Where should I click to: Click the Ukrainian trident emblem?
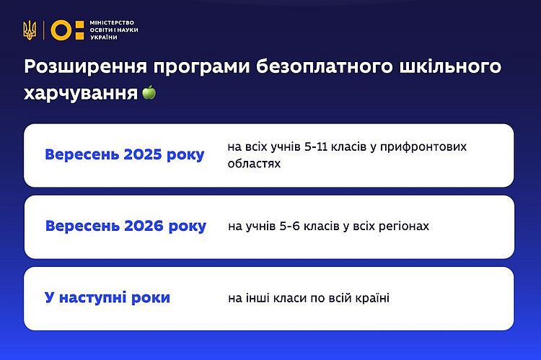[x=30, y=30]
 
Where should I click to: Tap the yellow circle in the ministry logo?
[x=61, y=30]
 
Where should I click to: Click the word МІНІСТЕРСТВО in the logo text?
[x=112, y=22]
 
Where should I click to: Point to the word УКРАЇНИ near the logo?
[x=103, y=38]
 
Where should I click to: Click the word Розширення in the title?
[x=86, y=66]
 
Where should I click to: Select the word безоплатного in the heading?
[x=325, y=66]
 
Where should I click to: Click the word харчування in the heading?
[x=81, y=94]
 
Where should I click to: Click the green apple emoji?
[x=149, y=92]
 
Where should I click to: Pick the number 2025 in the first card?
[x=143, y=154]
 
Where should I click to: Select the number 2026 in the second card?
[x=144, y=226]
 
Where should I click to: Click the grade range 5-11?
[x=316, y=147]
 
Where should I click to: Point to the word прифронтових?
[x=423, y=147]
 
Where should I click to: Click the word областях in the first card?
[x=254, y=164]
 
